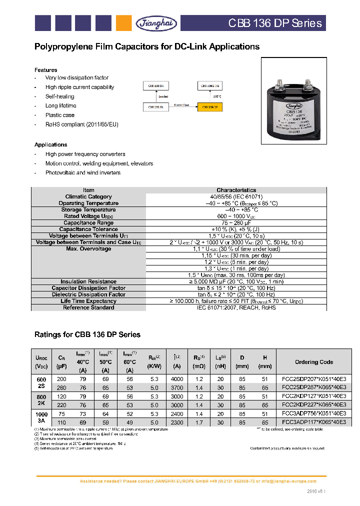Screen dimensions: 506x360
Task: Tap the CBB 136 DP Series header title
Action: [275, 23]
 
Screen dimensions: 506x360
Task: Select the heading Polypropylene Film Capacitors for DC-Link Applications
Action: [146, 46]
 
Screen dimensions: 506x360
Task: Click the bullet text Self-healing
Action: [59, 96]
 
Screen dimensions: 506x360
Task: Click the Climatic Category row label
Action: [88, 196]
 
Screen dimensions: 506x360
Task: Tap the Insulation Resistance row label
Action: [88, 281]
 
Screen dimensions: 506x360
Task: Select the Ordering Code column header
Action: [313, 361]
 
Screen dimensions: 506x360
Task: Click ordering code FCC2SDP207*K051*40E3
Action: [313, 379]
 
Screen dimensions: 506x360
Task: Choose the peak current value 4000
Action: [177, 379]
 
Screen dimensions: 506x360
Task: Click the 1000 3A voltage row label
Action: [41, 418]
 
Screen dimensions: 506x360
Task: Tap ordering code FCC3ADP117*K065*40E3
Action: [313, 422]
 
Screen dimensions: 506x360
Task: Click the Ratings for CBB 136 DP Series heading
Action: [87, 334]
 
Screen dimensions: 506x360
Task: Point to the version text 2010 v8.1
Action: [316, 491]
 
